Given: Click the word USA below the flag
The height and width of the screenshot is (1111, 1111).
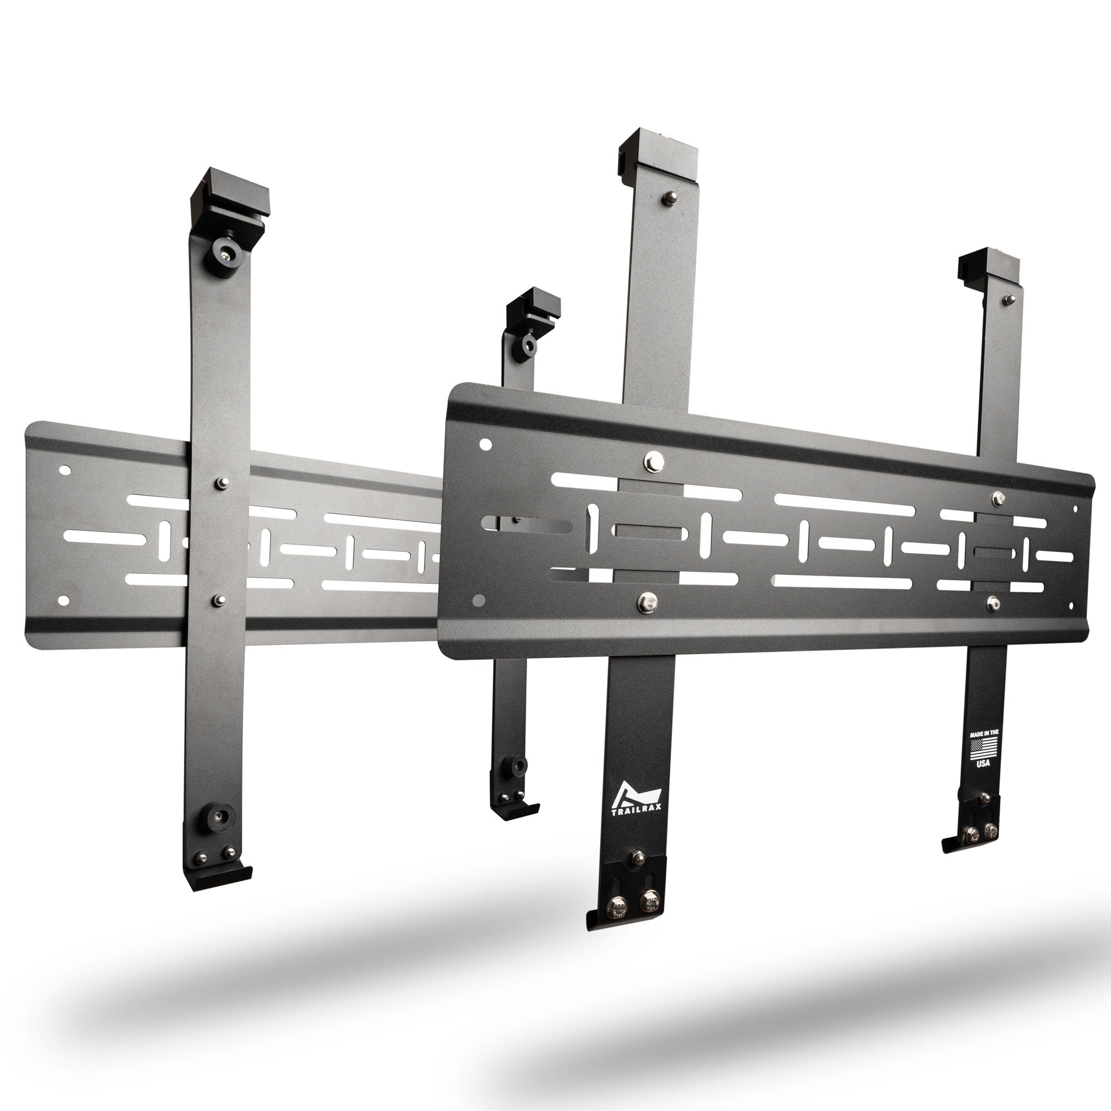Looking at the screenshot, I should click(983, 763).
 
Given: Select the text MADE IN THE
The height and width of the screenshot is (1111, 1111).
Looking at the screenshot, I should click(984, 734).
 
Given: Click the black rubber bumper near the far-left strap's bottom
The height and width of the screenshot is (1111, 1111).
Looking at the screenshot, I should click(219, 817).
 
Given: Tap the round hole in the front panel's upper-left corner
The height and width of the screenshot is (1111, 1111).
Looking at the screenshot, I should click(486, 444).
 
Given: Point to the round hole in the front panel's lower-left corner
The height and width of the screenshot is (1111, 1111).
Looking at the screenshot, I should click(477, 601).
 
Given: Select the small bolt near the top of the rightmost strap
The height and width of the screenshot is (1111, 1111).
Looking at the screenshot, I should click(1009, 299).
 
